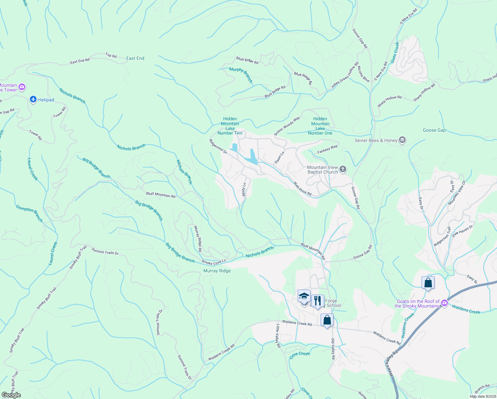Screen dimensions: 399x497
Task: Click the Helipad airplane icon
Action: pos(33,99)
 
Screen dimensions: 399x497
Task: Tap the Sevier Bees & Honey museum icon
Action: pos(402,140)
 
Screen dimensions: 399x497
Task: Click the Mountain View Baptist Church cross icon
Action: pos(343,170)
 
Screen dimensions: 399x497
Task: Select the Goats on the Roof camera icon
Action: pos(445,303)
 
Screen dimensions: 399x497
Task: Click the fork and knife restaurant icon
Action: pos(318,301)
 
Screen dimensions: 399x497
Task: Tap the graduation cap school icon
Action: pos(304,296)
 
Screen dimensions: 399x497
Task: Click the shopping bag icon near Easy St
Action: pos(428,283)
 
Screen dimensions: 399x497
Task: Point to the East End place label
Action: pos(135,58)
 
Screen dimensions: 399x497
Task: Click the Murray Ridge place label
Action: pos(217,271)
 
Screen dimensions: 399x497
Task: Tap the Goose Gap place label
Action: pos(434,130)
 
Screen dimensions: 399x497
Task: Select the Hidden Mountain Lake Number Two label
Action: pos(230,126)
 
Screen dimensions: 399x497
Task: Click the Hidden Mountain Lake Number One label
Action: pos(320,126)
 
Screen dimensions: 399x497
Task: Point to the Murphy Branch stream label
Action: pos(241,75)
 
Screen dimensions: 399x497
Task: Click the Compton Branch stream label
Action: pos(30,213)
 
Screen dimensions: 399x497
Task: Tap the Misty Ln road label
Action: pos(244,189)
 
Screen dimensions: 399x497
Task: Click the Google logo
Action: pos(11,395)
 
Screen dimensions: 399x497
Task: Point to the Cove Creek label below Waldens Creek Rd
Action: pos(300,354)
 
